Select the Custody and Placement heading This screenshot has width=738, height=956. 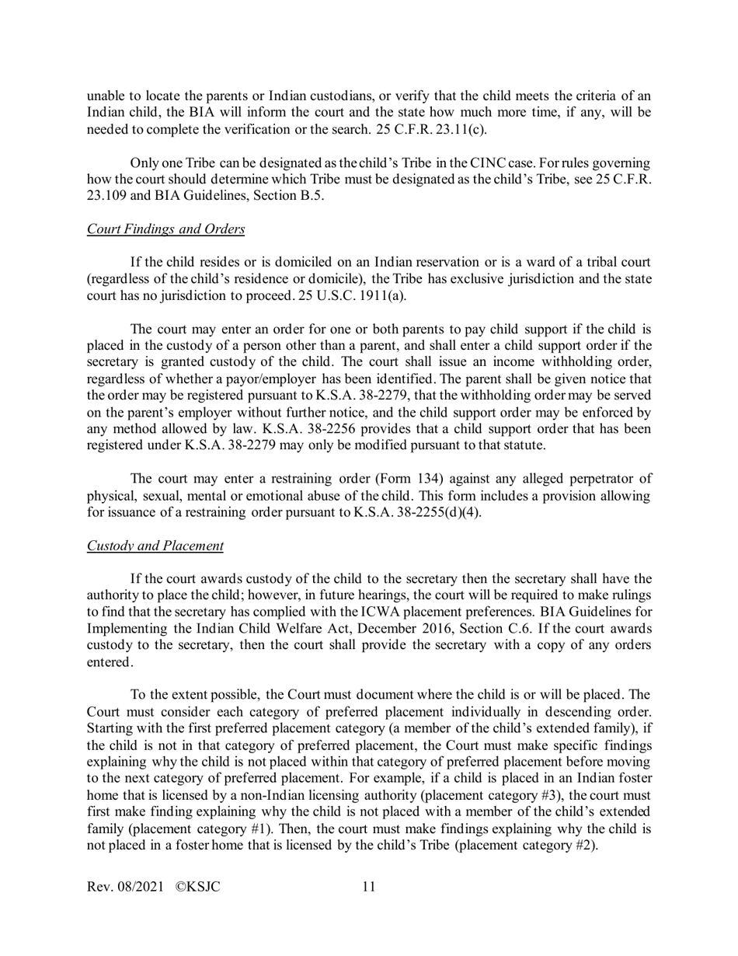click(x=155, y=546)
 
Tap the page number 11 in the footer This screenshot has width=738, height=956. click(x=369, y=886)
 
